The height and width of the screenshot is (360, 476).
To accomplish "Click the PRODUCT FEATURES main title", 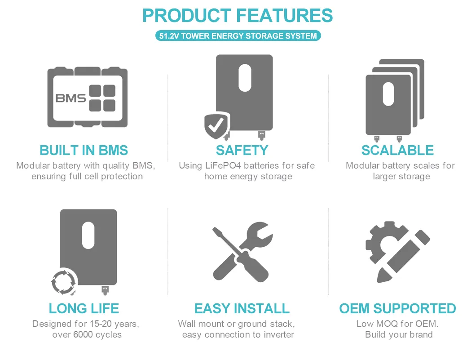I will point(238,16).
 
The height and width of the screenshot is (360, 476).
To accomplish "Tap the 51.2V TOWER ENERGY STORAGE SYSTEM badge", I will point(238,36).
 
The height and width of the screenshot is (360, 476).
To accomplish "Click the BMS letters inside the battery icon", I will point(71,98).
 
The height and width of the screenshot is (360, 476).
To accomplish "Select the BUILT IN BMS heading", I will point(84,150).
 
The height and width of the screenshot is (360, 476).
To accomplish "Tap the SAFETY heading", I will point(242,150).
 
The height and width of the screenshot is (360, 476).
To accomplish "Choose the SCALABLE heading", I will point(397,150).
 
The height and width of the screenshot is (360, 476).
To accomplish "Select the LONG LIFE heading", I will point(84,308).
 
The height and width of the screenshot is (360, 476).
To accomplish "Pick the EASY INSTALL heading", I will point(242,308).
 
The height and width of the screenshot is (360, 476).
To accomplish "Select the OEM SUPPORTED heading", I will point(397,308).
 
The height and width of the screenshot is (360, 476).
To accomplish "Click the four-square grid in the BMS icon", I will point(102,98).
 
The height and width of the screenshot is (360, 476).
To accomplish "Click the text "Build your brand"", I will point(399,334).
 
